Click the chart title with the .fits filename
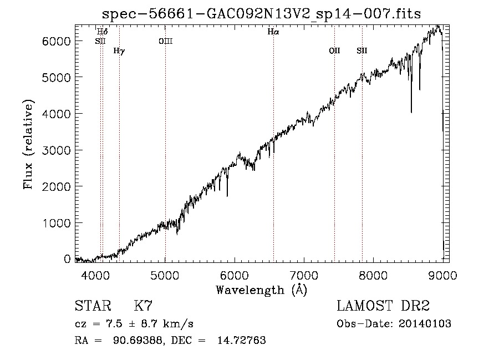point(261,14)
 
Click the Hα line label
point(273,32)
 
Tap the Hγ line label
point(119,50)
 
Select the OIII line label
point(165,41)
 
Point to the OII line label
point(334,50)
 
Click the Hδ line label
point(103,32)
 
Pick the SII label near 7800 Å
point(362,50)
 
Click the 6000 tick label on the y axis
point(56,41)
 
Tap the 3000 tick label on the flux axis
point(56,150)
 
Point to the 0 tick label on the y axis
point(67,259)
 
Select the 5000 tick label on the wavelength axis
point(165,275)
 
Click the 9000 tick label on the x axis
point(442,275)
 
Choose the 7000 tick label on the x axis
point(304,275)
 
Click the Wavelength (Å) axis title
point(262,290)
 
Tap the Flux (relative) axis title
point(28,145)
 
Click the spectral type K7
point(143,306)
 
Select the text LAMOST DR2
point(383,306)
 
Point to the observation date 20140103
point(425,323)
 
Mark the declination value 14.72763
point(242,340)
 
